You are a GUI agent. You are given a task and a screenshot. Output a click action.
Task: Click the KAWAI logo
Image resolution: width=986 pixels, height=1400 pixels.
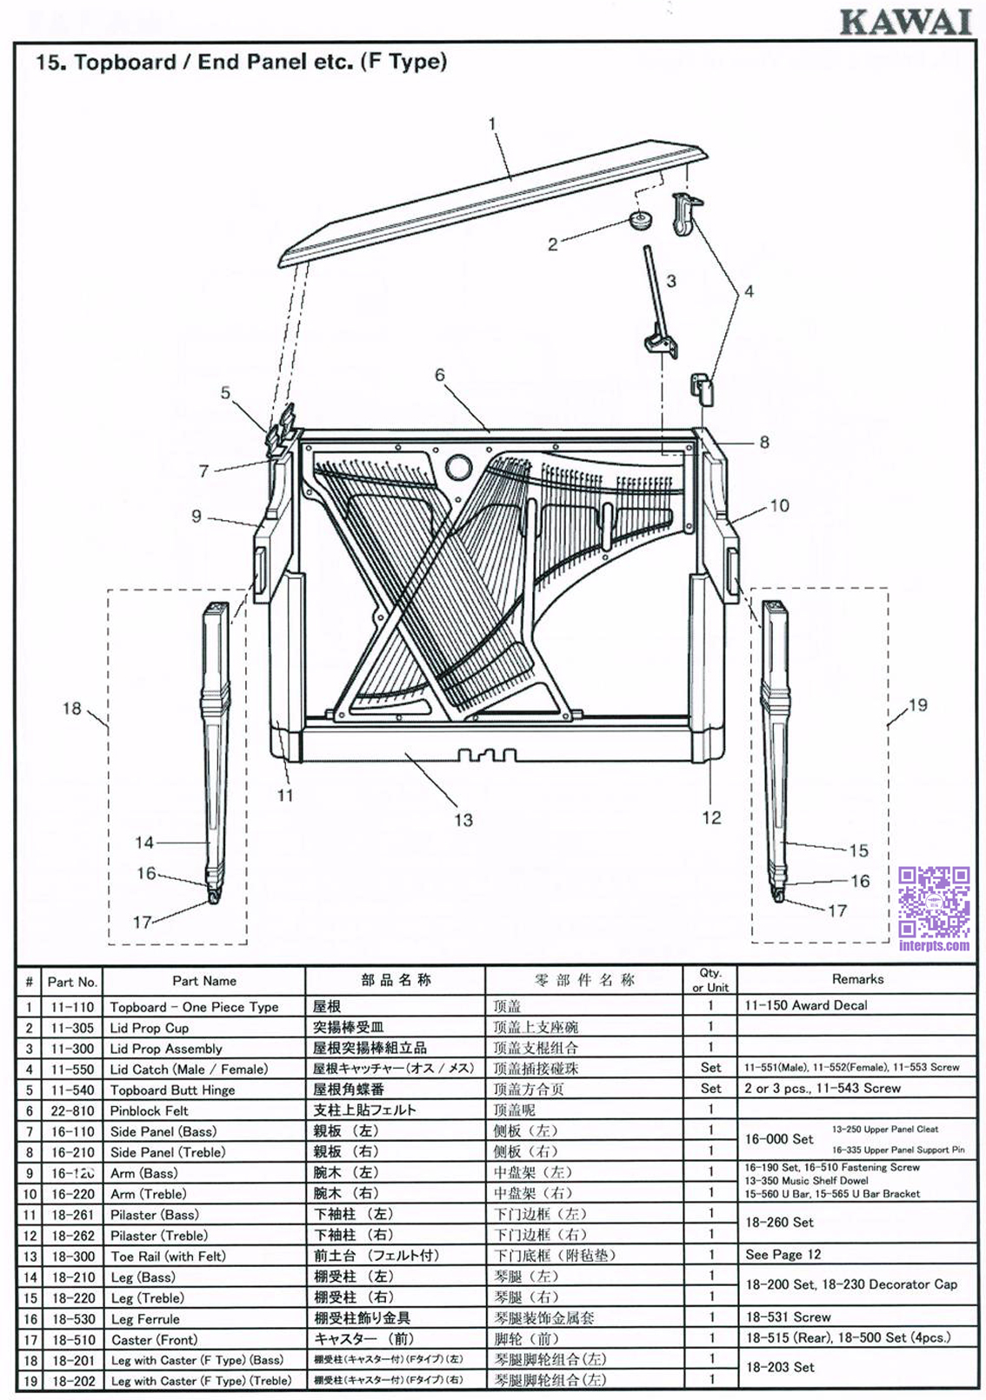905,22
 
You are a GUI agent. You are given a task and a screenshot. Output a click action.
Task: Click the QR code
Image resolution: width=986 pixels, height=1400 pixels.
934,903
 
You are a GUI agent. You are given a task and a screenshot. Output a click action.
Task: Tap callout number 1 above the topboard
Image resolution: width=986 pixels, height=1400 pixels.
492,123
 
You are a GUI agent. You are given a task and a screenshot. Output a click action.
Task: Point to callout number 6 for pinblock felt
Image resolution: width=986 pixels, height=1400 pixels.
440,375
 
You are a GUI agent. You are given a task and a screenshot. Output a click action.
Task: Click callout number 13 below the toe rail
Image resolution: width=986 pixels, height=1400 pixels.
463,819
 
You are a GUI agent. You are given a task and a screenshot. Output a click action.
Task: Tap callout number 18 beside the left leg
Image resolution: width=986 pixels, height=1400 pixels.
72,709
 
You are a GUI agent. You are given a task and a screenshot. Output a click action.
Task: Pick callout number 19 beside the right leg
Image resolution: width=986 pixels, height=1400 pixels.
918,705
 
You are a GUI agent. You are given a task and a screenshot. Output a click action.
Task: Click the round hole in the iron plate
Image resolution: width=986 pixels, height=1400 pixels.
458,468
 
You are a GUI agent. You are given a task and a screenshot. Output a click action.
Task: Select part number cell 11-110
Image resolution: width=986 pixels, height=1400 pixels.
72,1007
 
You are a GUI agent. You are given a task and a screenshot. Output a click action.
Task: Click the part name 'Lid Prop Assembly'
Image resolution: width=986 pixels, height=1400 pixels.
166,1049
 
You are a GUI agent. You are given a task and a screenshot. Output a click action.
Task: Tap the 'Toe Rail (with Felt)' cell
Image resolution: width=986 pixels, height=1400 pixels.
168,1257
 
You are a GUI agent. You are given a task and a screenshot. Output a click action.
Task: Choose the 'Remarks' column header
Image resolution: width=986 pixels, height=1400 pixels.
856,979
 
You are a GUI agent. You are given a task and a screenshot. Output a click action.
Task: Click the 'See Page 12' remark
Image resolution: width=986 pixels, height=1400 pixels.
783,1255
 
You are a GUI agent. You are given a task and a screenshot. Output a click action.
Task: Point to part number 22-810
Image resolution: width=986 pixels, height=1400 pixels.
72,1111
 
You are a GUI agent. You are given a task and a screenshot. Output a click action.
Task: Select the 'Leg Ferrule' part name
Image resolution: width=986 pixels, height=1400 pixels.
145,1319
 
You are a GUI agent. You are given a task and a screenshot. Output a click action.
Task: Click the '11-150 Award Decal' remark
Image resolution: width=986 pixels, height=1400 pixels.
806,1005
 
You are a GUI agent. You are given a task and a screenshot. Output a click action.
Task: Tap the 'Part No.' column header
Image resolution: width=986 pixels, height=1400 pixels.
72,982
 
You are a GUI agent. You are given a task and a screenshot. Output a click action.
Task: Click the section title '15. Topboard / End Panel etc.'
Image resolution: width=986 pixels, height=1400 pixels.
241,62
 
